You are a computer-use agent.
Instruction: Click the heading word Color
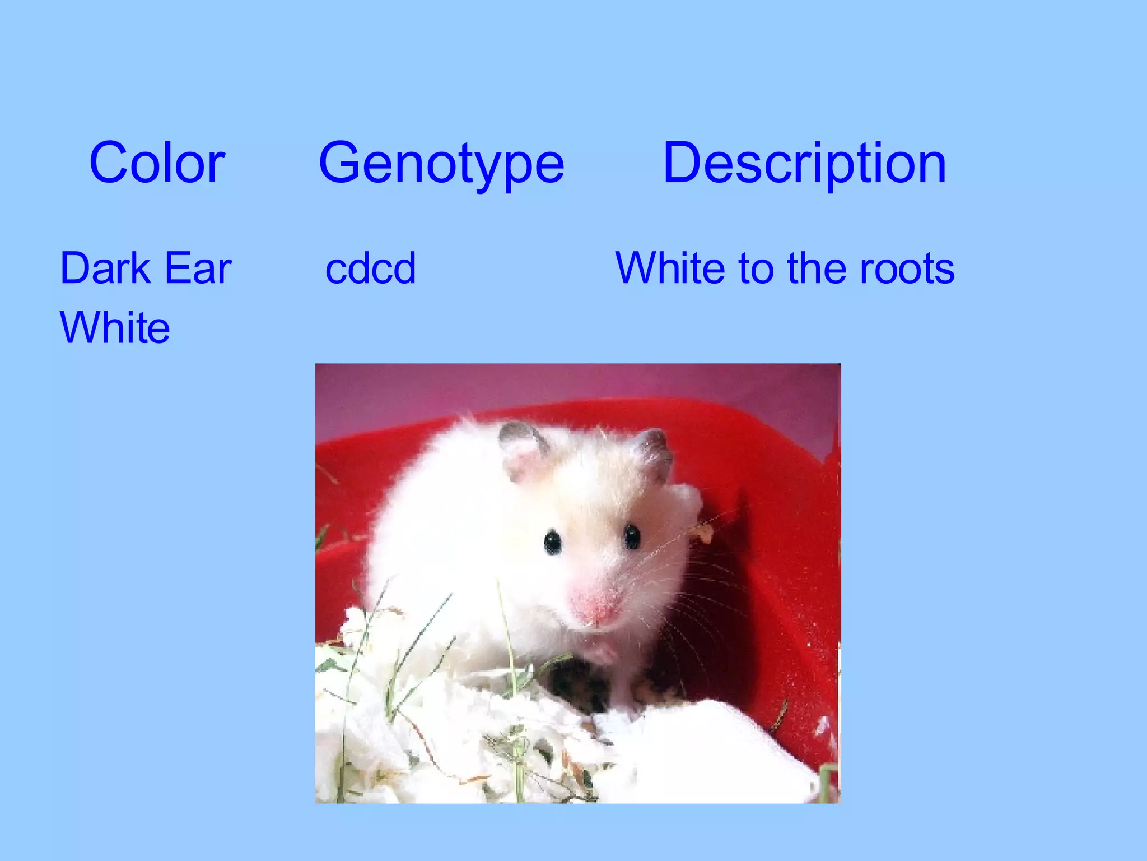(x=157, y=163)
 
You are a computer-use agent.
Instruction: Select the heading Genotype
(x=441, y=163)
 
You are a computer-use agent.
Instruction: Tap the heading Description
(x=804, y=163)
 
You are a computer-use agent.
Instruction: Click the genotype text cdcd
(x=370, y=269)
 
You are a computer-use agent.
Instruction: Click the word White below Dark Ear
(x=115, y=327)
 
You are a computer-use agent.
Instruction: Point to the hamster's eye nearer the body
(x=552, y=541)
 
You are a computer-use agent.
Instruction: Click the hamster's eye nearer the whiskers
(x=632, y=536)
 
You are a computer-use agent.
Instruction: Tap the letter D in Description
(x=682, y=163)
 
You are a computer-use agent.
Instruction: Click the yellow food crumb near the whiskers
(x=705, y=534)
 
